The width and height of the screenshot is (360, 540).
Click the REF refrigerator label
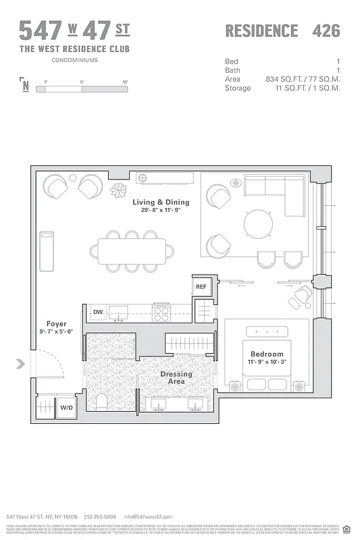pos(201,287)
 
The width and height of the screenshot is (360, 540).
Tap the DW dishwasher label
pos(98,312)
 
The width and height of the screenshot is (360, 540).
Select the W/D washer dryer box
pos(66,408)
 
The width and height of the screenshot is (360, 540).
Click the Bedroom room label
pos(267,354)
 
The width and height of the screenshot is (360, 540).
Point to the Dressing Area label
pos(176,378)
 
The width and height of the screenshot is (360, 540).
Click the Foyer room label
pos(56,324)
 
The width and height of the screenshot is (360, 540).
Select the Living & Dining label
pos(160,202)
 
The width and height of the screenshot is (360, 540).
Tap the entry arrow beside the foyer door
pos(20,364)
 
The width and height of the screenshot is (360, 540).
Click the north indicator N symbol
pos(26,85)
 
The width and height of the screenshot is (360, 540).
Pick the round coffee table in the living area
pos(259,224)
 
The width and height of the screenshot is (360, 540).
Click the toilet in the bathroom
pos(102,403)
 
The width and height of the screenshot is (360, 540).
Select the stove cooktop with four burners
pos(161,313)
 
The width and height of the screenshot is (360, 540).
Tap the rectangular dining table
pos(133,250)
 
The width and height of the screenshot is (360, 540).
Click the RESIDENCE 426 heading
pos(282,30)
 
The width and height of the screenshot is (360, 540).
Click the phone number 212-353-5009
pos(100,516)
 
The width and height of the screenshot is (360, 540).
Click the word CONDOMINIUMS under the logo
pos(74,60)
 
